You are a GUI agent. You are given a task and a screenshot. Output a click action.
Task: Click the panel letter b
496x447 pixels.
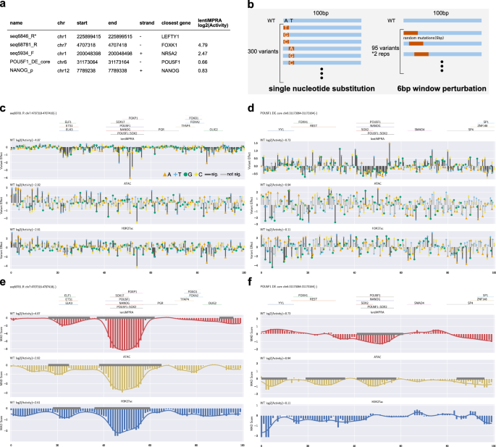(250, 5)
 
